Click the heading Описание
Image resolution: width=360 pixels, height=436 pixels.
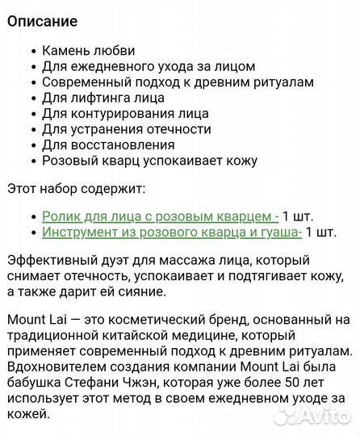click(44, 21)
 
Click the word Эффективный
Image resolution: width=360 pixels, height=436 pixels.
click(52, 260)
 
